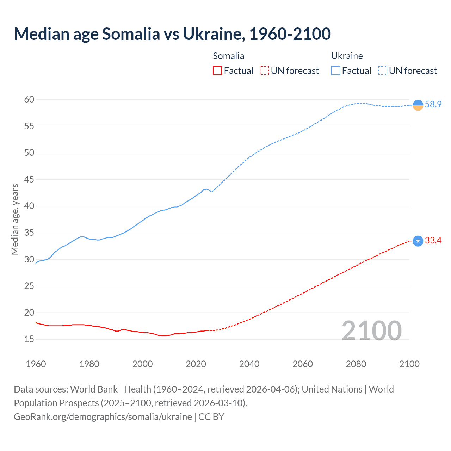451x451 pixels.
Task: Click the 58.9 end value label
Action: [433, 104]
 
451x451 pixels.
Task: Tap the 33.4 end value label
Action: [433, 240]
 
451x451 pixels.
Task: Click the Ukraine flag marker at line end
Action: [418, 105]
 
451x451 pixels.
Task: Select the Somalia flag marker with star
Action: [418, 241]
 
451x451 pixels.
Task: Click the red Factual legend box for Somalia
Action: [217, 71]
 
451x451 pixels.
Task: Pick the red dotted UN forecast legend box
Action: [264, 71]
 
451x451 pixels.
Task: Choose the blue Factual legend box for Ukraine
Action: [336, 71]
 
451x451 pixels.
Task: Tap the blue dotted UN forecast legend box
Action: [383, 71]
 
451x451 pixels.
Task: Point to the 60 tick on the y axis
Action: [29, 100]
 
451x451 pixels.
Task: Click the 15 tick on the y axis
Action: [29, 339]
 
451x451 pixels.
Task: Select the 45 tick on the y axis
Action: [29, 179]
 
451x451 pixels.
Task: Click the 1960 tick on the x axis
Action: [36, 364]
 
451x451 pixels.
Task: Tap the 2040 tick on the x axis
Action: [249, 364]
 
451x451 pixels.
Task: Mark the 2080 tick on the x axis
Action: [356, 364]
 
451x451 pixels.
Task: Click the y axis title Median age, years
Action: [15, 219]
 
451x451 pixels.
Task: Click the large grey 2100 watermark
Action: [371, 330]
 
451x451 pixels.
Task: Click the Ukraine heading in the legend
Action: [347, 56]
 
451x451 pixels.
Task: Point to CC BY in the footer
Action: [211, 416]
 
